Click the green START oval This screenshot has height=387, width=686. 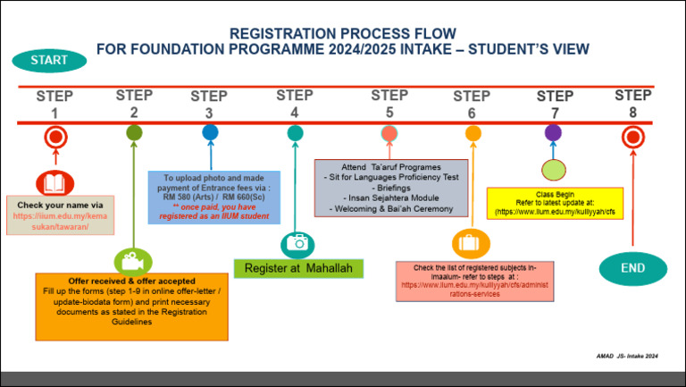pos(49,60)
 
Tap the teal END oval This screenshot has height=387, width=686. pos(633,267)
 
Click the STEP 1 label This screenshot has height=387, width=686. pos(54,105)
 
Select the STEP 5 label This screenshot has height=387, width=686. pos(389,103)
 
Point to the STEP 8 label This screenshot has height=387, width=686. pos(633,103)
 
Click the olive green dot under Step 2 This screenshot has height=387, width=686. pos(134,133)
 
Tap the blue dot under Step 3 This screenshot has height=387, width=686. pos(210,133)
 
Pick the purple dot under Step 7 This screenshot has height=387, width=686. pos(553,133)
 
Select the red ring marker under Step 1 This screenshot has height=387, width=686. pos(55,138)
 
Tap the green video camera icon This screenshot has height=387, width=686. pos(133,261)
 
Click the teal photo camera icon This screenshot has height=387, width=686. pos(297,243)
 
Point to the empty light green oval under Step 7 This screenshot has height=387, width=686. pos(554,169)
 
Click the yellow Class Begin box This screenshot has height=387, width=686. pos(554,203)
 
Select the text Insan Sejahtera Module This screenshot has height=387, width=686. pos(391,199)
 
